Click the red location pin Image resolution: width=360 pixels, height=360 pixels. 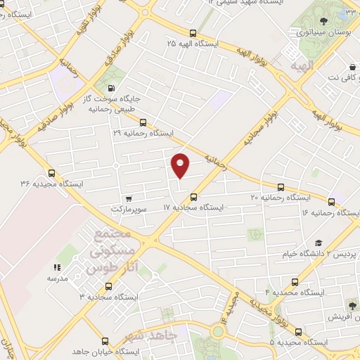click(x=181, y=165)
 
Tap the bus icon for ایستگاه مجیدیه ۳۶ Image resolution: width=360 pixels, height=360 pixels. click(x=51, y=173)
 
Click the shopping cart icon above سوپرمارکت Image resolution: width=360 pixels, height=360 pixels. click(x=128, y=198)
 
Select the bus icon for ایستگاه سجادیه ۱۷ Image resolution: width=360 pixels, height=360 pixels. click(x=194, y=198)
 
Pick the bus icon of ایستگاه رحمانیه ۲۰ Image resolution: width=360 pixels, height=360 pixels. click(x=281, y=187)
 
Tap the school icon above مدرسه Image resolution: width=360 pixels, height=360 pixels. click(x=57, y=267)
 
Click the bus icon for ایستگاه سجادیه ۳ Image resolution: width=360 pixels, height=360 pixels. click(x=108, y=286)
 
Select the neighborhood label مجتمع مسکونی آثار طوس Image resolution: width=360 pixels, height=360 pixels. click(x=111, y=250)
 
